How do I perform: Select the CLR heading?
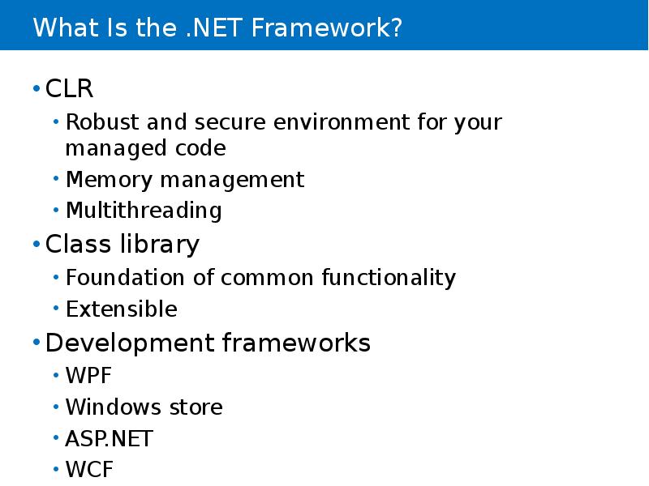click(x=69, y=87)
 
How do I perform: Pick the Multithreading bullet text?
click(x=144, y=211)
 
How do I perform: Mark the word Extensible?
click(x=121, y=309)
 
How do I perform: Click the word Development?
click(x=130, y=343)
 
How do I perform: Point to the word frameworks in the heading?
click(x=295, y=343)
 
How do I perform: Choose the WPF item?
click(x=88, y=377)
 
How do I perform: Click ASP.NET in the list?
click(x=109, y=439)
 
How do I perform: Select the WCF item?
click(x=89, y=470)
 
